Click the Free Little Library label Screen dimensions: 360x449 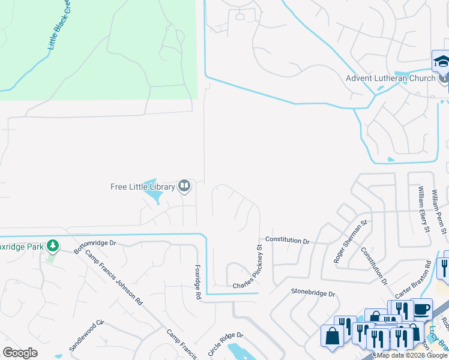(x=142, y=187)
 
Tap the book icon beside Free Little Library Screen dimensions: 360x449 (x=184, y=187)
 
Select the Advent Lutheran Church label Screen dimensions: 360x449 (x=390, y=79)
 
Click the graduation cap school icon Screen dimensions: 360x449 (x=441, y=61)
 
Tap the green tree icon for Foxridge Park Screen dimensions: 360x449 (x=53, y=245)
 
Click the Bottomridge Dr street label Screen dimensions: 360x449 (x=95, y=247)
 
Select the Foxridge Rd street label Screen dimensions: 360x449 (x=197, y=282)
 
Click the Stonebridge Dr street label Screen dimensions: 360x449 (x=313, y=293)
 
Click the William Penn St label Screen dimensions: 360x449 (x=443, y=210)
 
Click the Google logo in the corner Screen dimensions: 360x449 (x=20, y=353)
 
